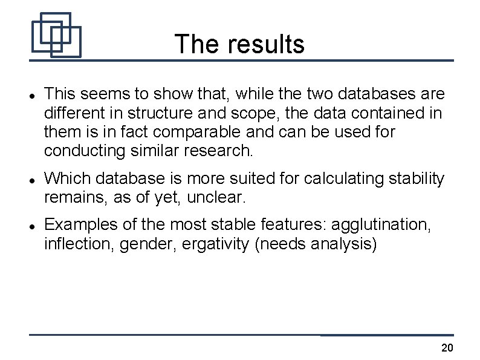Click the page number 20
[x=447, y=348]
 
